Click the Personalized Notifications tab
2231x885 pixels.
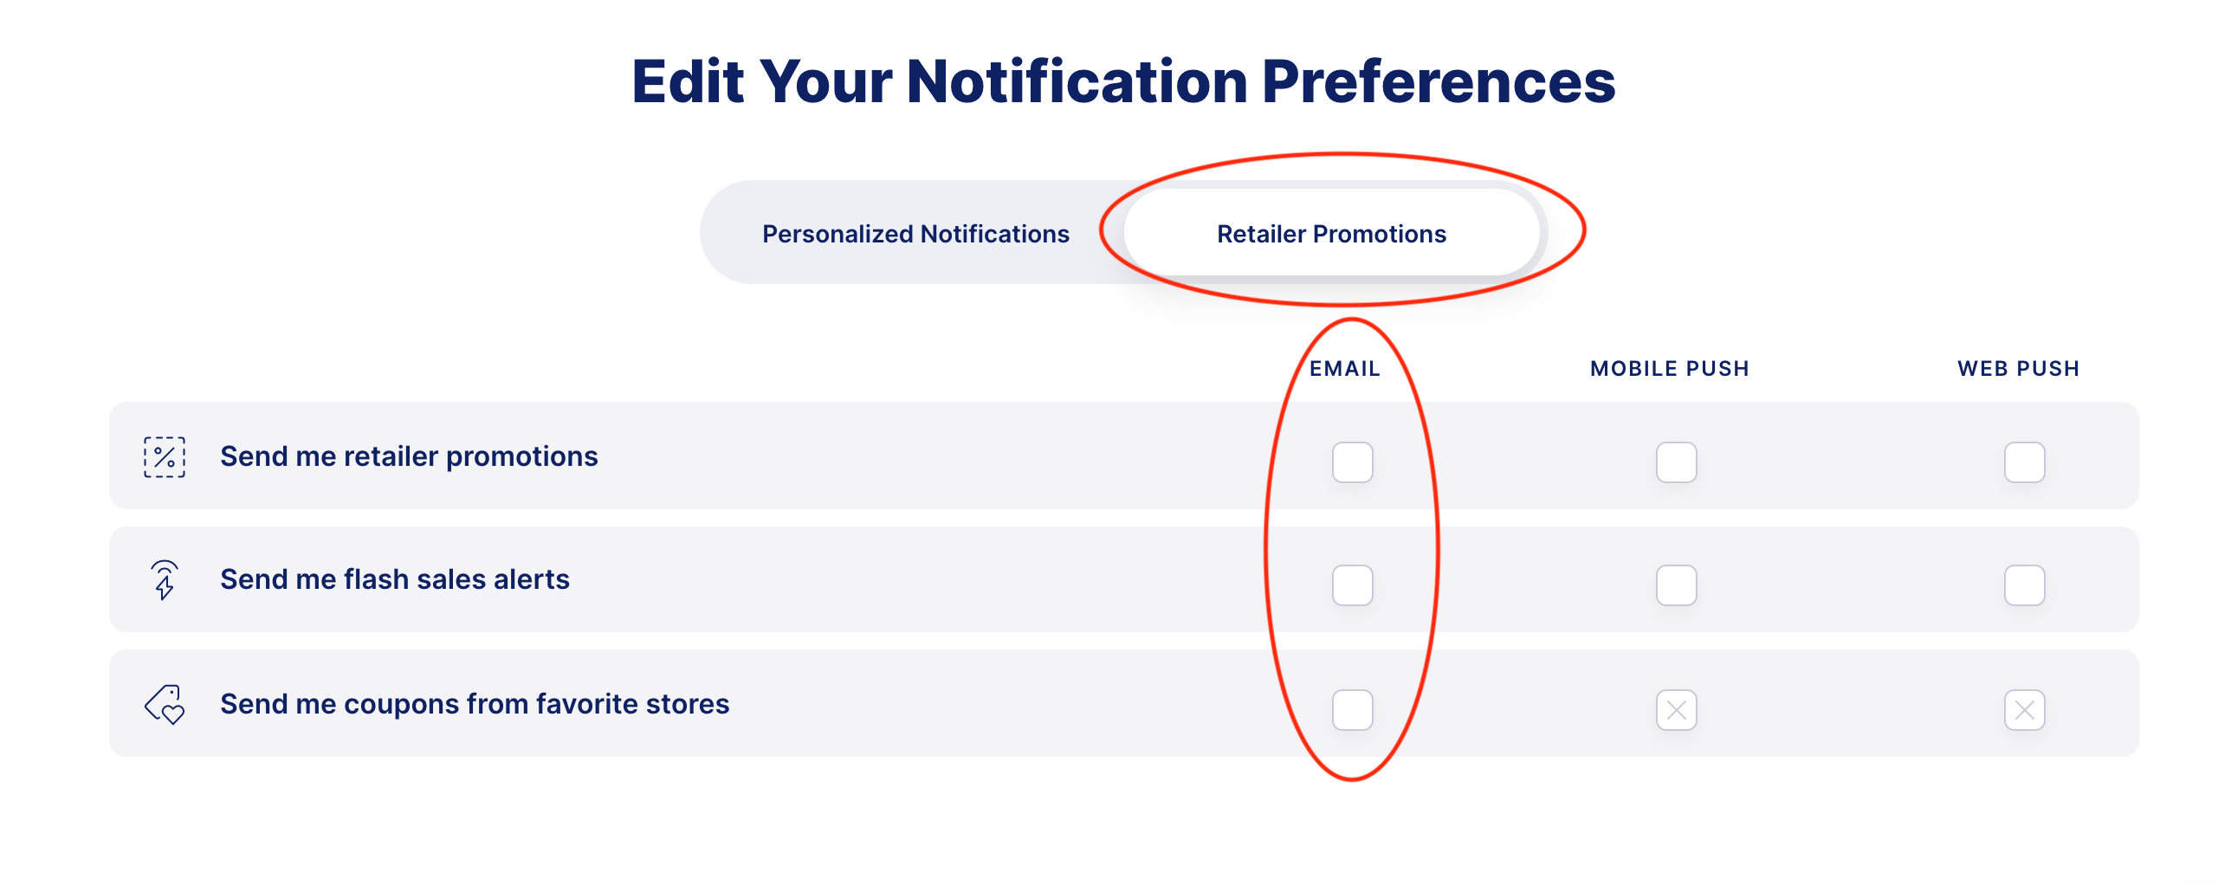coord(915,234)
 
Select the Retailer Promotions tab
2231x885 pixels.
coord(1331,233)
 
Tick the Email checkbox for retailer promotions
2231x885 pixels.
coord(1352,462)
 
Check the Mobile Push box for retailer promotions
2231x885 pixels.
coord(1676,462)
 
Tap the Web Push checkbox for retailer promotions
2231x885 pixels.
coord(2024,462)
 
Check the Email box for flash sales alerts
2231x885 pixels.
coord(1352,585)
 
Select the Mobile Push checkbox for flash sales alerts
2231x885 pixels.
coord(1676,585)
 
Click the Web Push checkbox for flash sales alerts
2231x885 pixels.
coord(2024,585)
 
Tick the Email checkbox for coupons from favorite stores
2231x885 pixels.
coord(1352,710)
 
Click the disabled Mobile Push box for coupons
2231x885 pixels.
coord(1676,710)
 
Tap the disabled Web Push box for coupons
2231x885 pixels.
coord(2024,710)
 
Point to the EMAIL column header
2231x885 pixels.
coord(1344,369)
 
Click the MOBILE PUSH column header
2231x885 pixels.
coord(1670,369)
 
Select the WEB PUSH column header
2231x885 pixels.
coord(2019,369)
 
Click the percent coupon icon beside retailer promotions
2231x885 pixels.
coord(165,457)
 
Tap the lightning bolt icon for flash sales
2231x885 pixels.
coord(165,580)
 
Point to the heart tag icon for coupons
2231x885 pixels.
coord(165,705)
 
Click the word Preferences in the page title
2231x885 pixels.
coord(1439,82)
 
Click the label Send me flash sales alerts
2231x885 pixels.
coord(395,579)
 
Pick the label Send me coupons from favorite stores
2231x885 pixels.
coord(475,704)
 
